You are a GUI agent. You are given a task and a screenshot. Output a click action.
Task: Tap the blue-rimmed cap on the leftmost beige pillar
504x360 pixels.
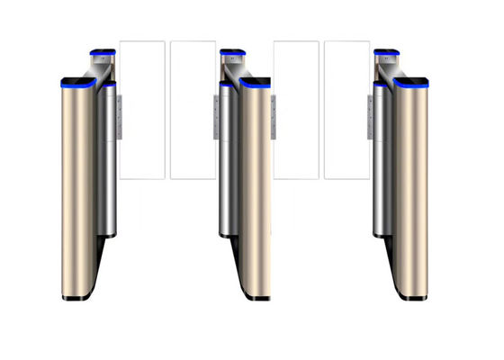pos(77,83)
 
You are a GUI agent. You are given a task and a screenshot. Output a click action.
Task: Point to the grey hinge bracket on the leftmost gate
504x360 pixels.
pos(118,112)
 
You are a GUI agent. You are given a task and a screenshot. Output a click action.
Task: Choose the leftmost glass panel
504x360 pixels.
pos(142,108)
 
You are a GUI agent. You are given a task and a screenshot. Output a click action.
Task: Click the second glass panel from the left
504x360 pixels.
pos(192,108)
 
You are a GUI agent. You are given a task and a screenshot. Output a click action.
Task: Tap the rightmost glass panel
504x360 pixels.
pos(346,108)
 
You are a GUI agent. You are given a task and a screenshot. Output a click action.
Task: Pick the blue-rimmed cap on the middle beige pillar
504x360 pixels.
pos(255,83)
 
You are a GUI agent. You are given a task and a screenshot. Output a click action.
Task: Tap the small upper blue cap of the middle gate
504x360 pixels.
pos(232,51)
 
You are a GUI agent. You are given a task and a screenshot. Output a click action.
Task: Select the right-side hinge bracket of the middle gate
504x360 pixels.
pos(273,112)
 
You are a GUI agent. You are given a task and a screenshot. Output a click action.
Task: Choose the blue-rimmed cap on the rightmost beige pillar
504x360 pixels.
pos(412,83)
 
